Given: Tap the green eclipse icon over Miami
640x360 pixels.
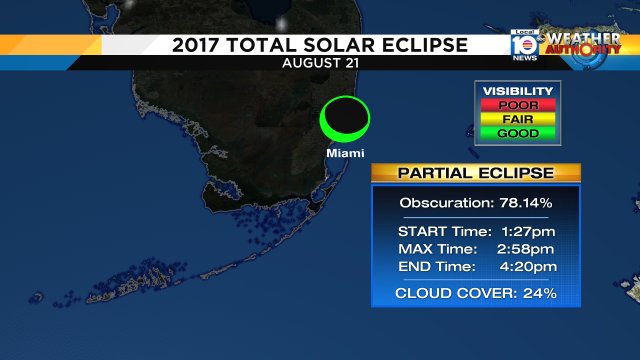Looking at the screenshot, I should click(345, 120).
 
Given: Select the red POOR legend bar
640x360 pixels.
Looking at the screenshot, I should click(518, 104).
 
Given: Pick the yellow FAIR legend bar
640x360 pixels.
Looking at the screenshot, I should click(518, 118).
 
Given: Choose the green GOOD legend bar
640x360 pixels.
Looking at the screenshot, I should click(518, 132).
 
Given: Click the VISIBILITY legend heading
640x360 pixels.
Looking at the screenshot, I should click(518, 90).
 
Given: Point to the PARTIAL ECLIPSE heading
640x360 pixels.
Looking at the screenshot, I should click(475, 172).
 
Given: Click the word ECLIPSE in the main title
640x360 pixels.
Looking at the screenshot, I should click(411, 45).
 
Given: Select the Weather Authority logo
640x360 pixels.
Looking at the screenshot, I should click(591, 46).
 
